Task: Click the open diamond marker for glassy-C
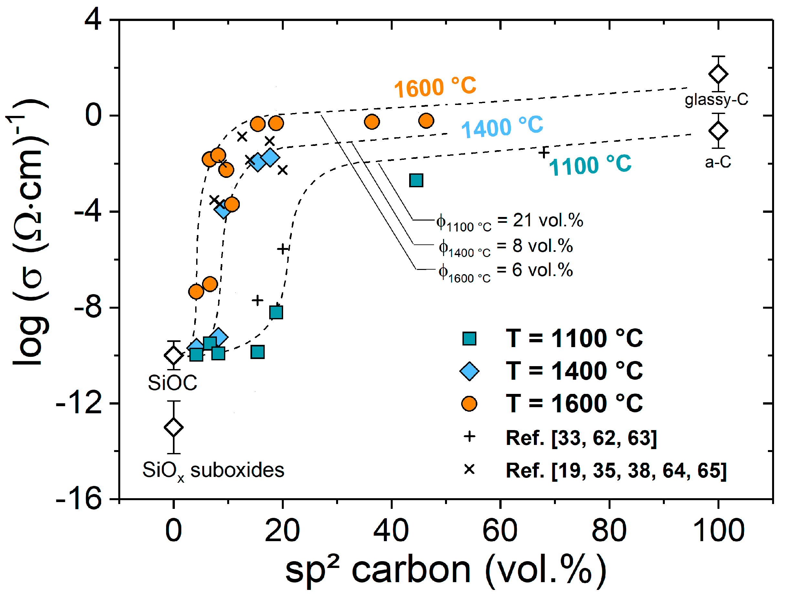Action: pos(718,74)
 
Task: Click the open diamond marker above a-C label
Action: pos(718,130)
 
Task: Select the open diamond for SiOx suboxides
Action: pos(174,427)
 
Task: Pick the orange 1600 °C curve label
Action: pos(435,87)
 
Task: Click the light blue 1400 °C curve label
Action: pos(502,127)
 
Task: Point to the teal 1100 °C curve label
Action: pos(590,165)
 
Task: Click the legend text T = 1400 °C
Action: pos(574,371)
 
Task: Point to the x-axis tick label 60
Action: pos(500,530)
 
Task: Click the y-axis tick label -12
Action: pos(78,404)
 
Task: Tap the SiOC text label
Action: pos(173,383)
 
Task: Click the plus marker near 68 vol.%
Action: pos(544,152)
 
